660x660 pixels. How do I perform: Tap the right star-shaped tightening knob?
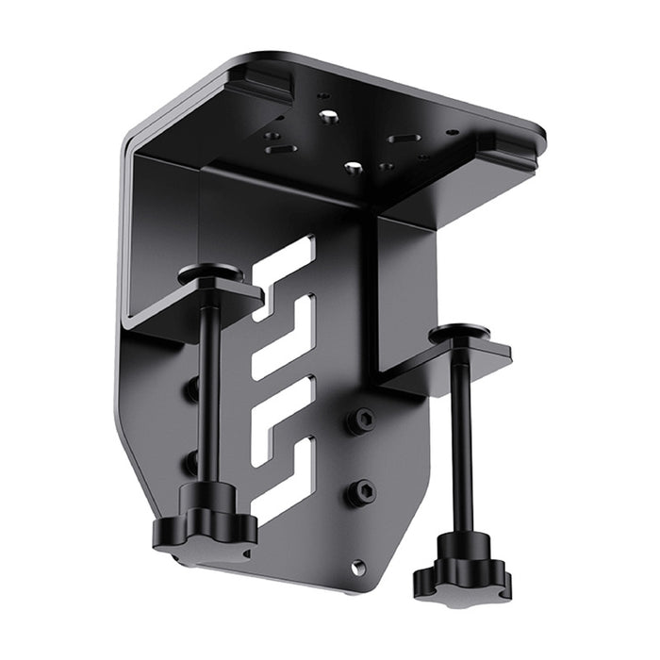461,570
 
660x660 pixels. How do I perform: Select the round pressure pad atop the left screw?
210,275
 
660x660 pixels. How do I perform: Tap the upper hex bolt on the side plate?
361,421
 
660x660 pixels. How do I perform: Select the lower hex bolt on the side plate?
361,491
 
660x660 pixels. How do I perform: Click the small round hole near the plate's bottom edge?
357,567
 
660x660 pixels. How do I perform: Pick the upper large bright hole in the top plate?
329,117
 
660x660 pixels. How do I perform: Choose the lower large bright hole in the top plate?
355,167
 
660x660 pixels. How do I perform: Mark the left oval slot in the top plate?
276,148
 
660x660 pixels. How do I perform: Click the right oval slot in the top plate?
404,138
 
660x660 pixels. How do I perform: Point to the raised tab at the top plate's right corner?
509,143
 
